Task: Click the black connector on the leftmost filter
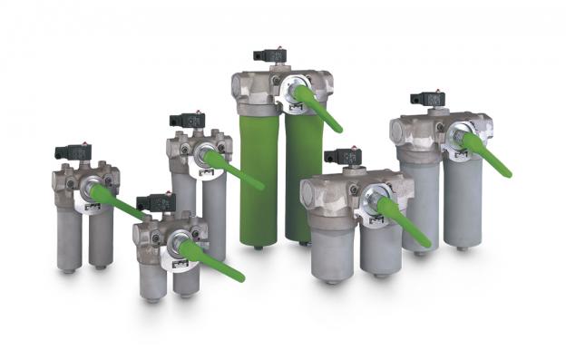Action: pyautogui.click(x=73, y=151)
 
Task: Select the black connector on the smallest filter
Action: pyautogui.click(x=155, y=202)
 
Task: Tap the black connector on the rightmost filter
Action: pyautogui.click(x=426, y=99)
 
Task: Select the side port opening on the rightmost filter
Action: pyautogui.click(x=399, y=132)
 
